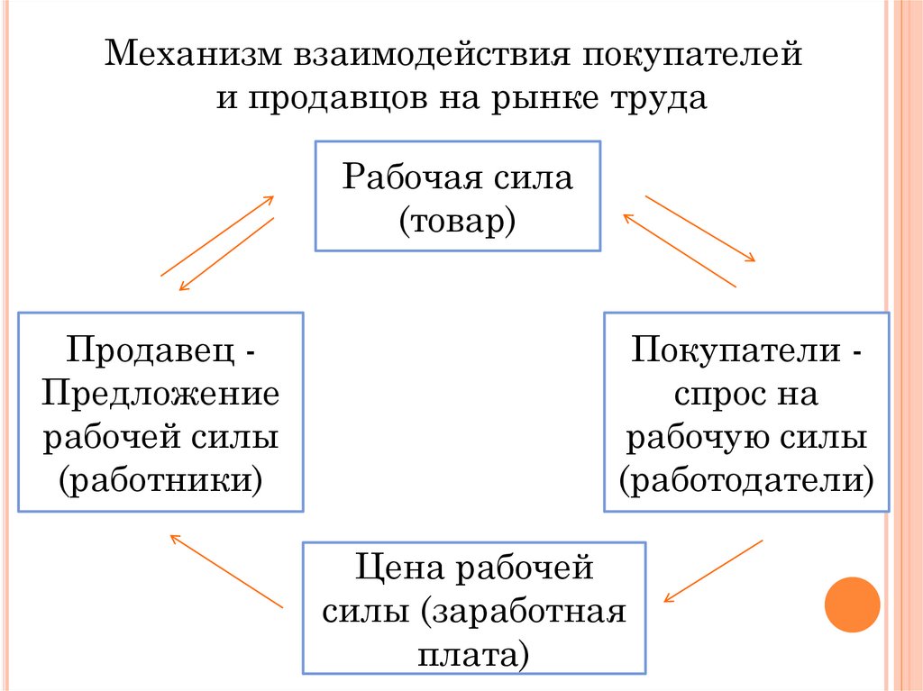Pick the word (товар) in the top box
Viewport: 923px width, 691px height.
457,219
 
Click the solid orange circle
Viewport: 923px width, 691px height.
852,603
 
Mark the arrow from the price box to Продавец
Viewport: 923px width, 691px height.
227,571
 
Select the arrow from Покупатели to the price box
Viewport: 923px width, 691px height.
713,570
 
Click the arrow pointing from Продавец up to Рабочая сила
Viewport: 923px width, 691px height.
217,235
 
